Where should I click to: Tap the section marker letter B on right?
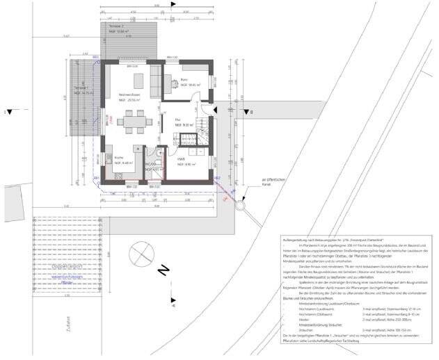click(x=253, y=111)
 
